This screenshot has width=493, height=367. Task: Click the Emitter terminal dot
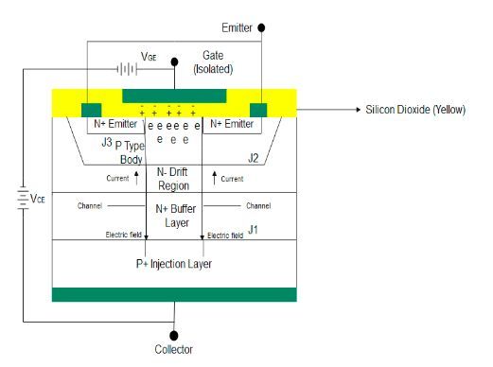coord(261,28)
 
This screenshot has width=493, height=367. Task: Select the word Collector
coord(174,350)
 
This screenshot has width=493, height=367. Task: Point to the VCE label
coord(37,201)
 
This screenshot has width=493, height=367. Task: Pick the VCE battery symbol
coord(21,200)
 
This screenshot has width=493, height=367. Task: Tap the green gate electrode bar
coord(174,95)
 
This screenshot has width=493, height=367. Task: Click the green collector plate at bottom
coord(174,294)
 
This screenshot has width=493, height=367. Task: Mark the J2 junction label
coord(253,158)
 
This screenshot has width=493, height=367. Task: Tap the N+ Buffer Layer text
coord(174,215)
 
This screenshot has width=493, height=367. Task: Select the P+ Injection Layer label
coord(174,264)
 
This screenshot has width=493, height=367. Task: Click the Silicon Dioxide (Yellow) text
coord(415,110)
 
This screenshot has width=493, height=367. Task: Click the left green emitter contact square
coord(92,110)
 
